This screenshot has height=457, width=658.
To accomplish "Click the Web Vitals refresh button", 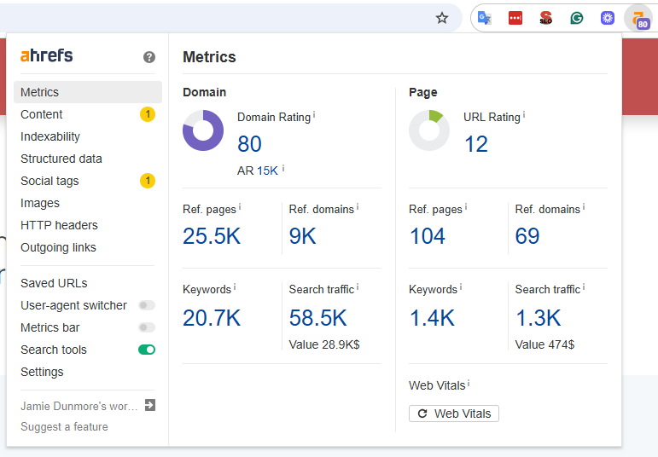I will tap(454, 414).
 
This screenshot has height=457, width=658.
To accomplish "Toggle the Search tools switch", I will tap(147, 350).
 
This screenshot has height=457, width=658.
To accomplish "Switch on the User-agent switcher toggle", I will tap(147, 305).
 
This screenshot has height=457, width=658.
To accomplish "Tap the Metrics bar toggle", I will tap(147, 327).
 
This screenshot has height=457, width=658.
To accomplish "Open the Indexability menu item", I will tap(50, 136).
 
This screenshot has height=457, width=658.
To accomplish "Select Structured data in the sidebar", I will tap(61, 159).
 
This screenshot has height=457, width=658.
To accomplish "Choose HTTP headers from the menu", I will tap(59, 225).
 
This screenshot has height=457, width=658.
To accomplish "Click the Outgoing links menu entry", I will tap(58, 247).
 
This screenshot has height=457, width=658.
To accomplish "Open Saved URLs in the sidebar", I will tap(54, 283).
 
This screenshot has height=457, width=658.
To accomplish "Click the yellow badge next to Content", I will tap(148, 114).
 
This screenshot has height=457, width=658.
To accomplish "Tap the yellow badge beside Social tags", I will tap(148, 181).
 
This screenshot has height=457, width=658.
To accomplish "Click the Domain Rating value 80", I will tap(249, 144).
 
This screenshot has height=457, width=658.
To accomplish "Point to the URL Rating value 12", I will tap(476, 144).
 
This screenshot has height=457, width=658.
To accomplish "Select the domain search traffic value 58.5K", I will tap(317, 318).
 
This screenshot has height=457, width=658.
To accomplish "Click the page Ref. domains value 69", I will tap(527, 236).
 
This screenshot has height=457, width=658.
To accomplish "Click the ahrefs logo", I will tap(47, 56).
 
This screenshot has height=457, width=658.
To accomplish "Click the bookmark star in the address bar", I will tap(442, 18).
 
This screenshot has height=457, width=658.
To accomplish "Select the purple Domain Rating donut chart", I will tap(203, 130).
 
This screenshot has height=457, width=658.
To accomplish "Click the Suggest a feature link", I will tap(64, 426).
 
